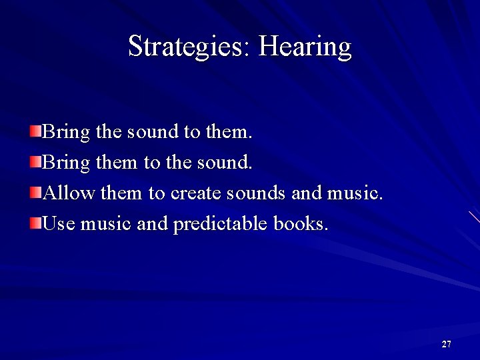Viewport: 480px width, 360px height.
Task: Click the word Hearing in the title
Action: pyautogui.click(x=305, y=47)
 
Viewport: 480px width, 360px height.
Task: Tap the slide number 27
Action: pyautogui.click(x=446, y=344)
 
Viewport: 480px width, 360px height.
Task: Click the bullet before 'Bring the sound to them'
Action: pyautogui.click(x=35, y=129)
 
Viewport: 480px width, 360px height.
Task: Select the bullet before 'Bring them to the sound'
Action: pyautogui.click(x=35, y=160)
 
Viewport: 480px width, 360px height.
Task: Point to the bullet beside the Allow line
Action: pyautogui.click(x=35, y=191)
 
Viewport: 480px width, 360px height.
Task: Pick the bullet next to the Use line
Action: pyautogui.click(x=35, y=222)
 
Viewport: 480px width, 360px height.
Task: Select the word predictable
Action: pyautogui.click(x=221, y=225)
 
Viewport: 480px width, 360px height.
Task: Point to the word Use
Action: pyautogui.click(x=59, y=224)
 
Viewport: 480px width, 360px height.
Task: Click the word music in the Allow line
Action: pyautogui.click(x=355, y=193)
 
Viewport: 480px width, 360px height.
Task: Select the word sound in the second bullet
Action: pyautogui.click(x=227, y=162)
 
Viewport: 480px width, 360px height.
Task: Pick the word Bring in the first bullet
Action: pyautogui.click(x=66, y=132)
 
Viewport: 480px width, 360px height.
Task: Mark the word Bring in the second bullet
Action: pyautogui.click(x=66, y=163)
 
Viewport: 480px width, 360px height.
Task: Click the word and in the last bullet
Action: pyautogui.click(x=151, y=224)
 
